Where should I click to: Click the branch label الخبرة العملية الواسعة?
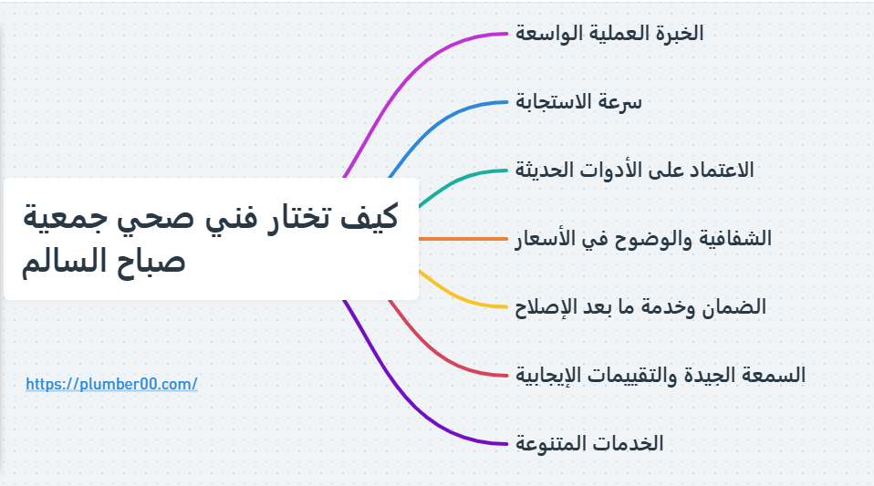(x=609, y=34)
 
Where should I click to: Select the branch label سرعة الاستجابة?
(x=579, y=102)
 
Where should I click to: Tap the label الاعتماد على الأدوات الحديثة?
(x=635, y=170)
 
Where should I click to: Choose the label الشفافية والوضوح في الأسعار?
(x=643, y=239)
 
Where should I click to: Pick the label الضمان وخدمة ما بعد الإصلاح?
(x=640, y=307)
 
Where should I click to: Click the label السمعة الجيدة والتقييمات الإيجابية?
(x=661, y=375)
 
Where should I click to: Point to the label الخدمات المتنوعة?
(x=589, y=444)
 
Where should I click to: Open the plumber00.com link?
(x=111, y=385)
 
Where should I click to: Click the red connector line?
(x=447, y=356)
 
